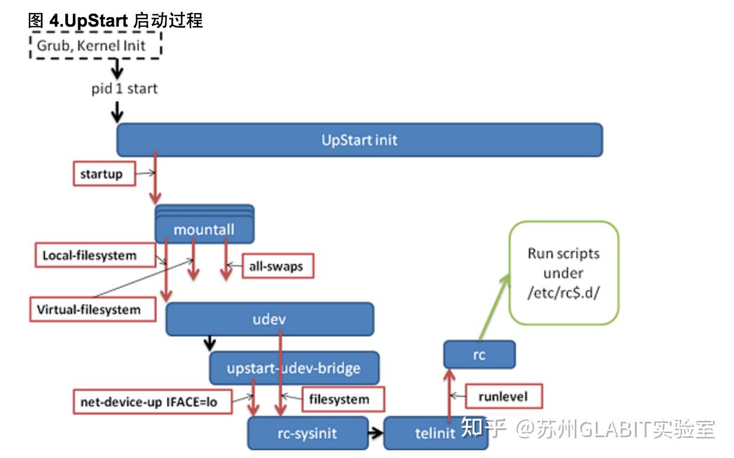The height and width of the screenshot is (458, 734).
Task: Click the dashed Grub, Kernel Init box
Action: pos(95,45)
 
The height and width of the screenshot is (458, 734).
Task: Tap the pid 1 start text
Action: pos(124,89)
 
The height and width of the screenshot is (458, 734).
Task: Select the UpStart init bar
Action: pos(359,140)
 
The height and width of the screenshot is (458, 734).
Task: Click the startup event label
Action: pos(103,174)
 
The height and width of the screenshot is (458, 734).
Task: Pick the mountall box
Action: pos(205,229)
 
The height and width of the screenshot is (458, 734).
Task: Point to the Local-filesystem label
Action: pos(89,256)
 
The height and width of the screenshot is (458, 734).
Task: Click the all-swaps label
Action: pos(277,266)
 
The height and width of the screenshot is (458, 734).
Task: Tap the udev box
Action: pos(270,319)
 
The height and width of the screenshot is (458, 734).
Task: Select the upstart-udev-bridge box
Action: pos(293,368)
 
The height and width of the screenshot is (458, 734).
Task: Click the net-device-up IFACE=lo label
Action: pos(149,402)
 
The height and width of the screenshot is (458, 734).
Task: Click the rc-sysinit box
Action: pos(307,433)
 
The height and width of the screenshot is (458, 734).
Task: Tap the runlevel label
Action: pos(503,396)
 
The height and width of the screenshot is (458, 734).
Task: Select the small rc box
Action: pos(479,355)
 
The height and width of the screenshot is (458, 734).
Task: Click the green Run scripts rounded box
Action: pos(563,273)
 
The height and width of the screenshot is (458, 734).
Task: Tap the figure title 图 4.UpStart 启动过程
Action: pos(116,21)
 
